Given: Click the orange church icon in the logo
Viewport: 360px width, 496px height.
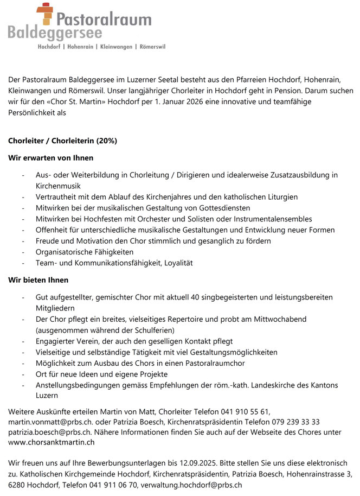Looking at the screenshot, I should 46,15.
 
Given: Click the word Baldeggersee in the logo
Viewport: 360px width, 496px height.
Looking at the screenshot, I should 55,33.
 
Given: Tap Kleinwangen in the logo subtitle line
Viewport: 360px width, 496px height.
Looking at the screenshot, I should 115,47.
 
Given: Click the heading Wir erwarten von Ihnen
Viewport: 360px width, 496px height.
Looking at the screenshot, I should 51,158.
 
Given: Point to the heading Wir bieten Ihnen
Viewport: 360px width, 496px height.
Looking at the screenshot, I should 38,281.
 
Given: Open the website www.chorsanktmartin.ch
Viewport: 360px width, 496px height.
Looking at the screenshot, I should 52,442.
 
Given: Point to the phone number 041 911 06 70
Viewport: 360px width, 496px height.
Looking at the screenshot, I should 112,485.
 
